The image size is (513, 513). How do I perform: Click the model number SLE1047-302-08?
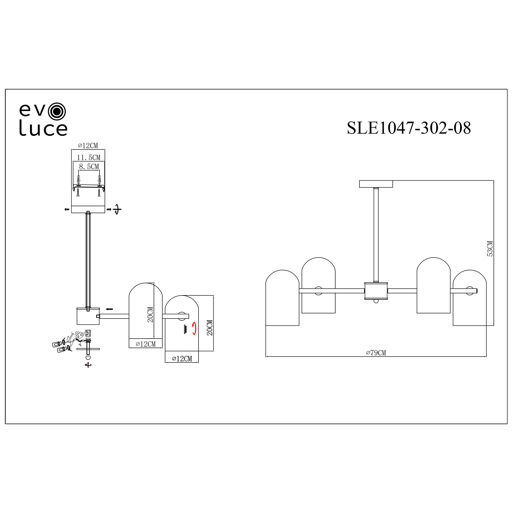(409, 128)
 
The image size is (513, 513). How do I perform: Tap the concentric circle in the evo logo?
(57, 112)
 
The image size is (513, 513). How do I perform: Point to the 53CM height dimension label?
(490, 249)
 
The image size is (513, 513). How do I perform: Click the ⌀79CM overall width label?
(376, 353)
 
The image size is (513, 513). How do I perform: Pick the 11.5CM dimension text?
(89, 157)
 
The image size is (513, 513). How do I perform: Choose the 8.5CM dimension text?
(89, 166)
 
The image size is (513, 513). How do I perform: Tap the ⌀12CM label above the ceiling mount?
(88, 145)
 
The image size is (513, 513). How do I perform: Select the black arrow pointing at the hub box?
(109, 309)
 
